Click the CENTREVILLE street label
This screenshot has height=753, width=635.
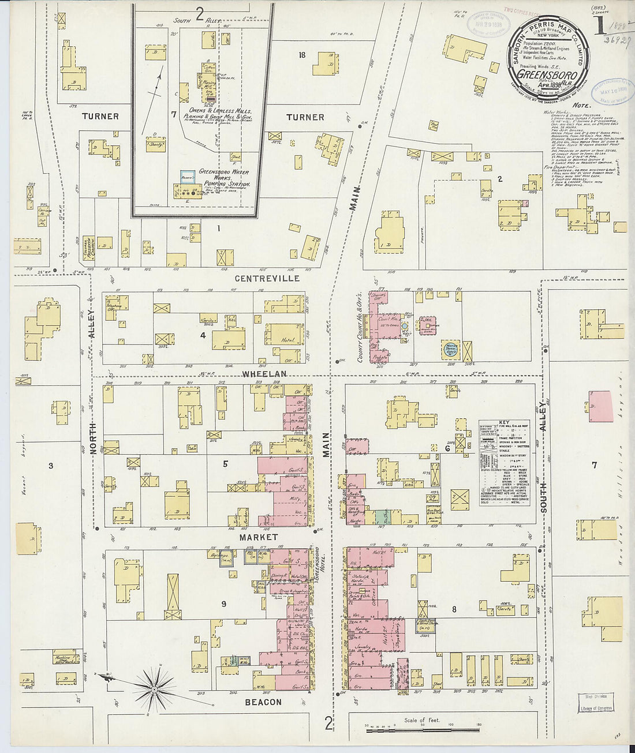point(267,278)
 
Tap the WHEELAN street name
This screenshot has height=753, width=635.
point(264,374)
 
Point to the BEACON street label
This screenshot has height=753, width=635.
point(263,702)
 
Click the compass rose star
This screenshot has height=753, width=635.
point(154,688)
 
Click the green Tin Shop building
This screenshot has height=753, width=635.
point(381,516)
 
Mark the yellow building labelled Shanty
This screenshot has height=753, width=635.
point(155,144)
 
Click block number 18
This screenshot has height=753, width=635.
point(301,55)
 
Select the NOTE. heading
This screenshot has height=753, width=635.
point(581,106)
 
